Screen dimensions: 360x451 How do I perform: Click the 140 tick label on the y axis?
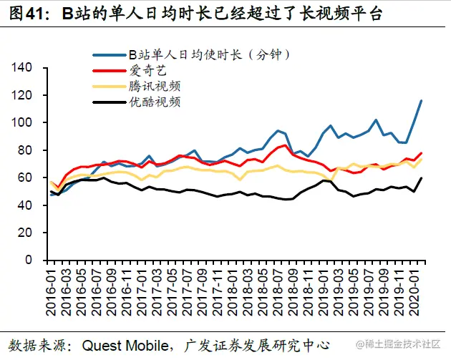click(x=24, y=67)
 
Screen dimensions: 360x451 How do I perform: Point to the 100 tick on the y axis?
click(x=24, y=122)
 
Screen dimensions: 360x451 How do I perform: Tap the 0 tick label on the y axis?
click(x=30, y=260)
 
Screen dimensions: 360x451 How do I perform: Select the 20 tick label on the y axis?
click(x=26, y=233)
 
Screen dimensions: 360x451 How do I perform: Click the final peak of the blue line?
click(x=421, y=101)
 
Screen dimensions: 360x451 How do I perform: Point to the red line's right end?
click(x=421, y=153)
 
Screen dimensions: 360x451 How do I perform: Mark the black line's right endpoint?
click(x=421, y=178)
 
